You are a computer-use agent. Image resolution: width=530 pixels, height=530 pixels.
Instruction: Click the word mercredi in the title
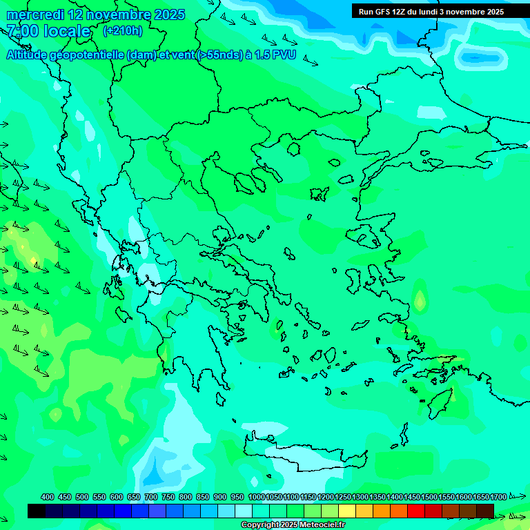click(35, 14)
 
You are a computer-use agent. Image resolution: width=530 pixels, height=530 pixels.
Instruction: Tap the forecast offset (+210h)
click(122, 30)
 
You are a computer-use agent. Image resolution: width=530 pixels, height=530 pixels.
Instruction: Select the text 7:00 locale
click(48, 31)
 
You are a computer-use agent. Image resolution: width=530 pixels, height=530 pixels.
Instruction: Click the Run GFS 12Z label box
click(431, 11)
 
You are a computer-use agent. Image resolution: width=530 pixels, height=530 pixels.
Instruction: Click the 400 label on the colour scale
click(48, 497)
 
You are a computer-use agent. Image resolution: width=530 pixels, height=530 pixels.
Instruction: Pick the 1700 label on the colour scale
click(498, 497)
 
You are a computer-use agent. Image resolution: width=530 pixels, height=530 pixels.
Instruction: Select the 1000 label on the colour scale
click(256, 497)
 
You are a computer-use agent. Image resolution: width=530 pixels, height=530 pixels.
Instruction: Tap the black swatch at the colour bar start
click(37, 511)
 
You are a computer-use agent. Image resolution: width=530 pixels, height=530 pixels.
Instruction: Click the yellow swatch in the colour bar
click(347, 511)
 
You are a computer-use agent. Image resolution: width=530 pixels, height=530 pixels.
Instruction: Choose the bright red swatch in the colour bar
click(416, 511)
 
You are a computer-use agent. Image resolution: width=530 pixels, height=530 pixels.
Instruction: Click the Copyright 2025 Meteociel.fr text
click(293, 525)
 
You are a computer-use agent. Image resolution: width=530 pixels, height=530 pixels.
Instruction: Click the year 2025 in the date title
click(166, 14)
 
